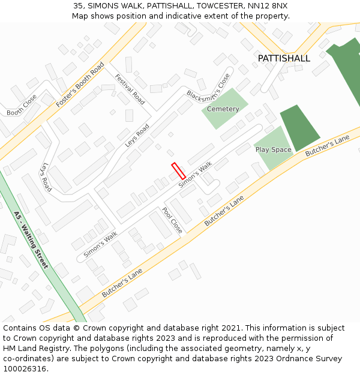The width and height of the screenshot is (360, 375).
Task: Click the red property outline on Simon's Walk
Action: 178,171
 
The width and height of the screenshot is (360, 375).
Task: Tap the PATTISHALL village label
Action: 284,58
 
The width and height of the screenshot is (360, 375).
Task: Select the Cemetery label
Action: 223,109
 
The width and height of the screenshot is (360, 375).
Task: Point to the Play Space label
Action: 273,149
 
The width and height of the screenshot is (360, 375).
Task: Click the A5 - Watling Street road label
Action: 31,239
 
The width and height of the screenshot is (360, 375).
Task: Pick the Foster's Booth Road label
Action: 80,85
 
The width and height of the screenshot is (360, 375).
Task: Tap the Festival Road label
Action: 130,89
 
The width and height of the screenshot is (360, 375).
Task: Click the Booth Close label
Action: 22,112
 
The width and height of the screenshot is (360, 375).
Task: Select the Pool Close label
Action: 172,220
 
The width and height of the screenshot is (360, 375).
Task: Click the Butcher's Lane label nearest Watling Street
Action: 122,283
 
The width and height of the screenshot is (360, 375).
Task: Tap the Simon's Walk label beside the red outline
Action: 196,175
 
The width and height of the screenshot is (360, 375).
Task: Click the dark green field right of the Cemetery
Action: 299,127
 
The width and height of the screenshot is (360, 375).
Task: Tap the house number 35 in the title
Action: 79,5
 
